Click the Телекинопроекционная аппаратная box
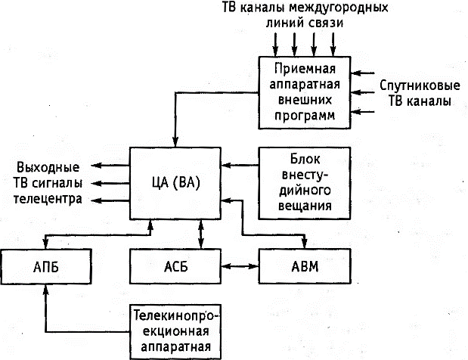[176, 331]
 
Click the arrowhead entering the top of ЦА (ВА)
[176, 141]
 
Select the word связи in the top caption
[327, 23]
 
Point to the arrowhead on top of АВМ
[305, 244]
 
